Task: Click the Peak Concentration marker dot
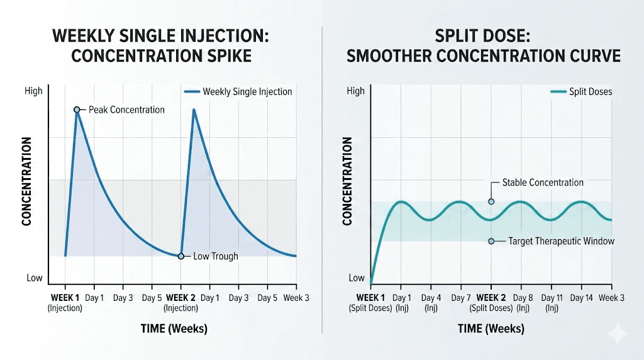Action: (x=77, y=110)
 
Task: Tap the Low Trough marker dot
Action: (x=181, y=256)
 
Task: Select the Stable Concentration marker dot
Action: (x=491, y=201)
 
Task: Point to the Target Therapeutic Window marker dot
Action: (x=491, y=241)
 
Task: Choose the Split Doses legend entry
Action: (x=581, y=91)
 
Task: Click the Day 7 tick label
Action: (x=460, y=297)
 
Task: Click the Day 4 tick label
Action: (x=431, y=297)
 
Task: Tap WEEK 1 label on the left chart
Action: (x=65, y=297)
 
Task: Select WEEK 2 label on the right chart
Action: (x=492, y=297)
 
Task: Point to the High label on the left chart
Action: (x=33, y=91)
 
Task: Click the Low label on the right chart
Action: (x=356, y=278)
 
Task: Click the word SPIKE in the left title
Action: (x=228, y=56)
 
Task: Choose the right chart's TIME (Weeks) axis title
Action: (x=491, y=329)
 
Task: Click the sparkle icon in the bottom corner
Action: (x=618, y=333)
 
